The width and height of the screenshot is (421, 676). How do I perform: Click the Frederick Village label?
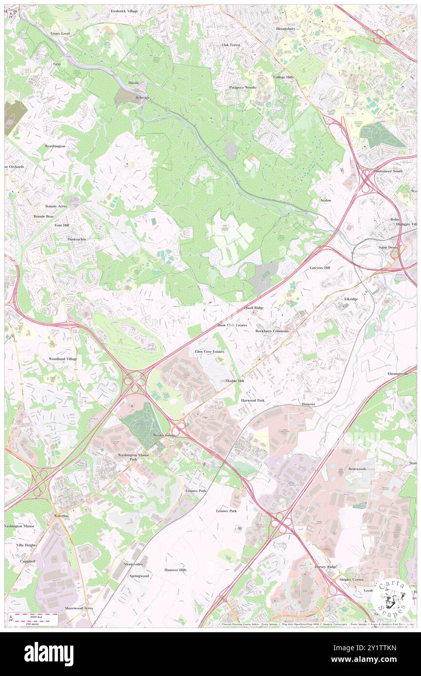(x=124, y=11)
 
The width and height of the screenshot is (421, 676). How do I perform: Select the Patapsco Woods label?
(x=243, y=88)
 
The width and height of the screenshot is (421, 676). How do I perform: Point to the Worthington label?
(x=55, y=146)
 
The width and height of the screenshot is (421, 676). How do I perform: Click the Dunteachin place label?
(x=77, y=239)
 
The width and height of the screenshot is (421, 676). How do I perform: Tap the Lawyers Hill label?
(x=320, y=268)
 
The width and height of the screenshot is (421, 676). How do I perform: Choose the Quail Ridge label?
(x=254, y=308)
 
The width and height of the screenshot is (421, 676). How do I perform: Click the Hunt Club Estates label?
(x=232, y=325)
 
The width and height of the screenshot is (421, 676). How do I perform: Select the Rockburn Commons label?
(x=272, y=331)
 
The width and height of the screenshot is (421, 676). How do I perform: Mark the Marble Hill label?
(x=235, y=381)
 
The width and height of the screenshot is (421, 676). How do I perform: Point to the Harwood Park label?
(x=253, y=400)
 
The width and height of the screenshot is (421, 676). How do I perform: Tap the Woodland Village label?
(x=62, y=359)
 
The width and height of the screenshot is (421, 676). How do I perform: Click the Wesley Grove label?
(x=164, y=435)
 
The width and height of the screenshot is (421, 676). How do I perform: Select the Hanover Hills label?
(x=175, y=569)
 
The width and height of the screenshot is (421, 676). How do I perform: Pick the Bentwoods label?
(x=357, y=469)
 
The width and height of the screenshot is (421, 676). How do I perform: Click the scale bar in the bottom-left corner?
(x=34, y=618)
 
